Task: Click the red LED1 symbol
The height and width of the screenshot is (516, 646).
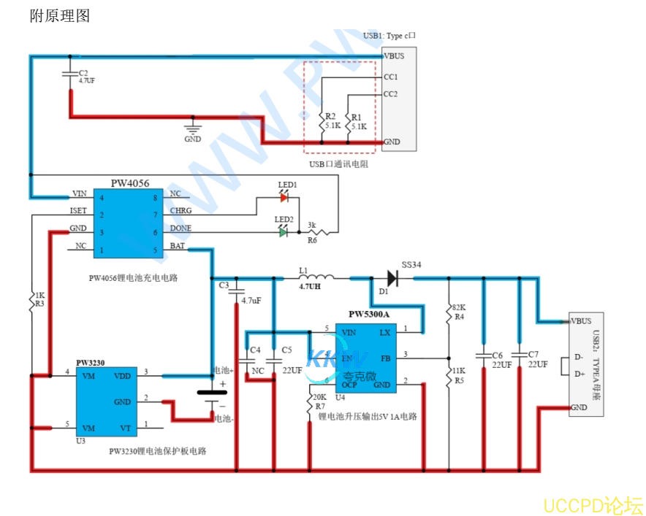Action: (x=285, y=197)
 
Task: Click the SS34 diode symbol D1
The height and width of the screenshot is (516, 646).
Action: (x=392, y=277)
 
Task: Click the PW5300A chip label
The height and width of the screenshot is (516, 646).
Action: (x=369, y=315)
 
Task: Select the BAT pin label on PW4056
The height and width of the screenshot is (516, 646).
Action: (x=177, y=246)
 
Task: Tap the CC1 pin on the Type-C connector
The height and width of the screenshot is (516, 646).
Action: (x=390, y=77)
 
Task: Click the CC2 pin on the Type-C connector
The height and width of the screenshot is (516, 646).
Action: (x=390, y=94)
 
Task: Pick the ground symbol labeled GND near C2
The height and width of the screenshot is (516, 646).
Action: (x=193, y=129)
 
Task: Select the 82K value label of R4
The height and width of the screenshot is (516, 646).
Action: (x=459, y=307)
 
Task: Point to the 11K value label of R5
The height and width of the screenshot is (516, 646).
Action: (x=459, y=371)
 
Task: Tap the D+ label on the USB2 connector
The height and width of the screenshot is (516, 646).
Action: (x=579, y=374)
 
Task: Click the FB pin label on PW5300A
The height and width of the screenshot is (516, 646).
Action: (x=385, y=358)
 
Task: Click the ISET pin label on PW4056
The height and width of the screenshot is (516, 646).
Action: (x=79, y=211)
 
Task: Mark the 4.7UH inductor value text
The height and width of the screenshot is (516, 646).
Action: (x=311, y=288)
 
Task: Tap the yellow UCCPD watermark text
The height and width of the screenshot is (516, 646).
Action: (x=593, y=504)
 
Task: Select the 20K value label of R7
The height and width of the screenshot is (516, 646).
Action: (x=319, y=396)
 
